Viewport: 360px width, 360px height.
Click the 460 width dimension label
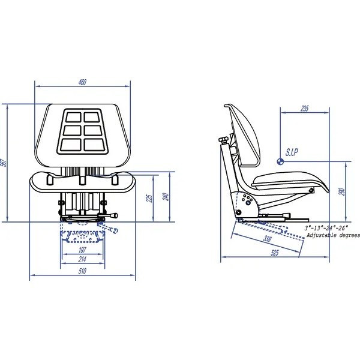pos(82,82)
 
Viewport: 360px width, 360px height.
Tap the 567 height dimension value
pos(4,163)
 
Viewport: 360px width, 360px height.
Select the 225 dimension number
pos(149,198)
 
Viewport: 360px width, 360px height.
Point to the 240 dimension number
pos(166,197)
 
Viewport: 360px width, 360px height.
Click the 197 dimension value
pos(82,250)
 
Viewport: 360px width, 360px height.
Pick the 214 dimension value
pos(82,259)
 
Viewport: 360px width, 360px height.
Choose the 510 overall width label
pos(82,271)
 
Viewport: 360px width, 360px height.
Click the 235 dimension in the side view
pos(304,109)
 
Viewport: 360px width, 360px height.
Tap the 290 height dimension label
pos(342,192)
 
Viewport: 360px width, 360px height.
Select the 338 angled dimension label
pos(267,239)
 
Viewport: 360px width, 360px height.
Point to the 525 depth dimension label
pos(275,253)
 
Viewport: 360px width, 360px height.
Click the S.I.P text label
pos(292,152)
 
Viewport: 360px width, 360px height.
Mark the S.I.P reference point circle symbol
pos(280,161)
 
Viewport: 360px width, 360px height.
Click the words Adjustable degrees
pos(333,235)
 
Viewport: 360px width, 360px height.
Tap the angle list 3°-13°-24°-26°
pos(326,228)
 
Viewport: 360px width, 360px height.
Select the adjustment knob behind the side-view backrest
pos(224,140)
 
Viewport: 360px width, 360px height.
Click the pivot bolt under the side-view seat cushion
pos(311,190)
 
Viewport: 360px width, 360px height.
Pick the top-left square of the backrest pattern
pos(73,117)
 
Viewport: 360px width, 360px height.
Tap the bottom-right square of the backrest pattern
pos(94,145)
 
